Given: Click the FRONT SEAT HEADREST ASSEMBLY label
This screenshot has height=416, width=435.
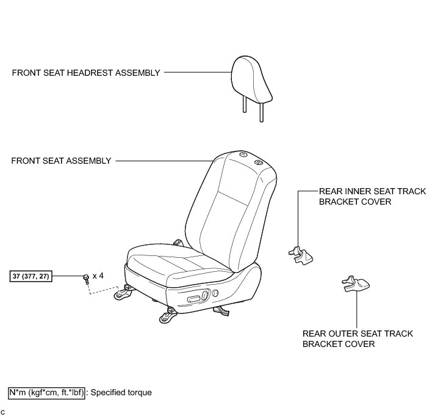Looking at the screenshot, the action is click(x=86, y=73).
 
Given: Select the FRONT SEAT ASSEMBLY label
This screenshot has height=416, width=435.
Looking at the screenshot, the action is click(x=62, y=161).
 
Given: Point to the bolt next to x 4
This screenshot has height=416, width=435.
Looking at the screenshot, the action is click(x=85, y=277).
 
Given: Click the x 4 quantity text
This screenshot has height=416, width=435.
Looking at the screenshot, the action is click(x=98, y=276).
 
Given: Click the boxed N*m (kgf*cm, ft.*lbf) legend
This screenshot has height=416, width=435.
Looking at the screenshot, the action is click(x=46, y=393).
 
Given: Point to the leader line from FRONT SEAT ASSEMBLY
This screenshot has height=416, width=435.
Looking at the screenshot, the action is click(x=162, y=161).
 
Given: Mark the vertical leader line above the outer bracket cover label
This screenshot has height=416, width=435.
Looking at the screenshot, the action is click(x=357, y=308).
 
